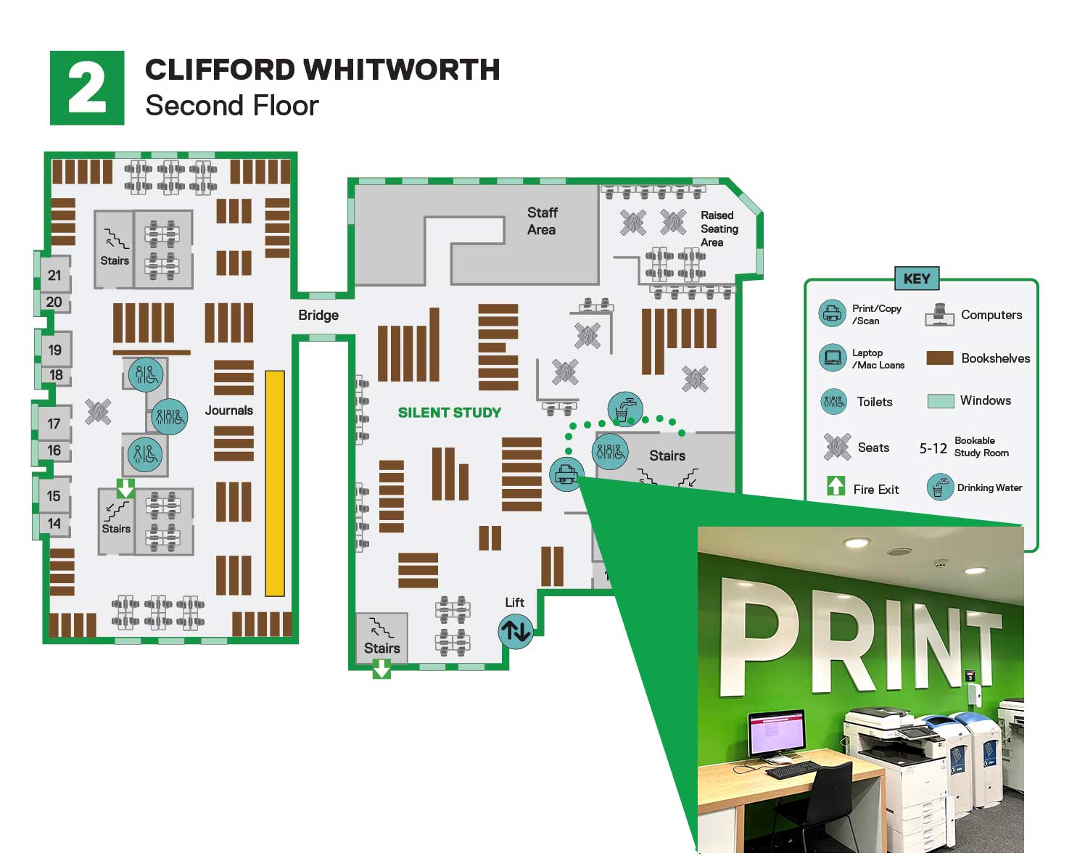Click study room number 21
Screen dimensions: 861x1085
[x=54, y=276]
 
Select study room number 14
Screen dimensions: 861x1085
[x=54, y=524]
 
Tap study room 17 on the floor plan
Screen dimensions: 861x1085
[x=54, y=424]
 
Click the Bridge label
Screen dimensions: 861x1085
[x=318, y=316]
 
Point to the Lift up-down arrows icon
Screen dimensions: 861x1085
[x=516, y=630]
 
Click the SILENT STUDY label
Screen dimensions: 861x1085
[x=449, y=413]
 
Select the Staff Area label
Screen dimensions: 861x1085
[x=542, y=221]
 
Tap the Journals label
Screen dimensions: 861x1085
[x=228, y=411]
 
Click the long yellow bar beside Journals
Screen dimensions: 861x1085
[x=275, y=483]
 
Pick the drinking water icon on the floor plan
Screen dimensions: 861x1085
[x=624, y=409]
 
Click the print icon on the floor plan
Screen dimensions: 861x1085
[x=566, y=475]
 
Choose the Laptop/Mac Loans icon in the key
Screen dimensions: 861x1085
[x=833, y=358]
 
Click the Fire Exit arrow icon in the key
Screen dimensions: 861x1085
[x=836, y=486]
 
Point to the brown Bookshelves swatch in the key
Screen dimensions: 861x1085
[x=940, y=358]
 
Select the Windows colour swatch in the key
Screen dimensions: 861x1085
[x=941, y=401]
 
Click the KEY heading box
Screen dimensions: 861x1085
[x=917, y=279]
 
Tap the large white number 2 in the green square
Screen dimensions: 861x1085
[x=87, y=88]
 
